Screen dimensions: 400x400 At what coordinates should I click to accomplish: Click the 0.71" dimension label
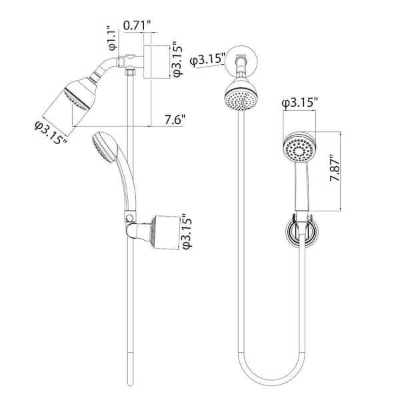tap(137, 25)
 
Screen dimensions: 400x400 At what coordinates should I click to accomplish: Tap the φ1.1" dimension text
tap(113, 37)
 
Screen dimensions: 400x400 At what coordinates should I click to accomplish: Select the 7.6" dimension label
tap(175, 119)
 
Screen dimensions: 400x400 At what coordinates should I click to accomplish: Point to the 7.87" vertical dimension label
tap(335, 168)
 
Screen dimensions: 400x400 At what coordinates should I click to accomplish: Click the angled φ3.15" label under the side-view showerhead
tap(51, 133)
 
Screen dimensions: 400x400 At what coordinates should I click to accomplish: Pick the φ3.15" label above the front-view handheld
tap(300, 103)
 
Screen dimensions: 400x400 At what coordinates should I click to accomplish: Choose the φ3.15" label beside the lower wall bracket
tap(187, 231)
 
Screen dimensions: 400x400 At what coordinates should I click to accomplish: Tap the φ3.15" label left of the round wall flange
tap(208, 60)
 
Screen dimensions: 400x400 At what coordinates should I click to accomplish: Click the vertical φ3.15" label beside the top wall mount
tap(178, 59)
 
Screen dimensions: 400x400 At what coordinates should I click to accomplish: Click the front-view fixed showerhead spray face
tap(241, 100)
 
